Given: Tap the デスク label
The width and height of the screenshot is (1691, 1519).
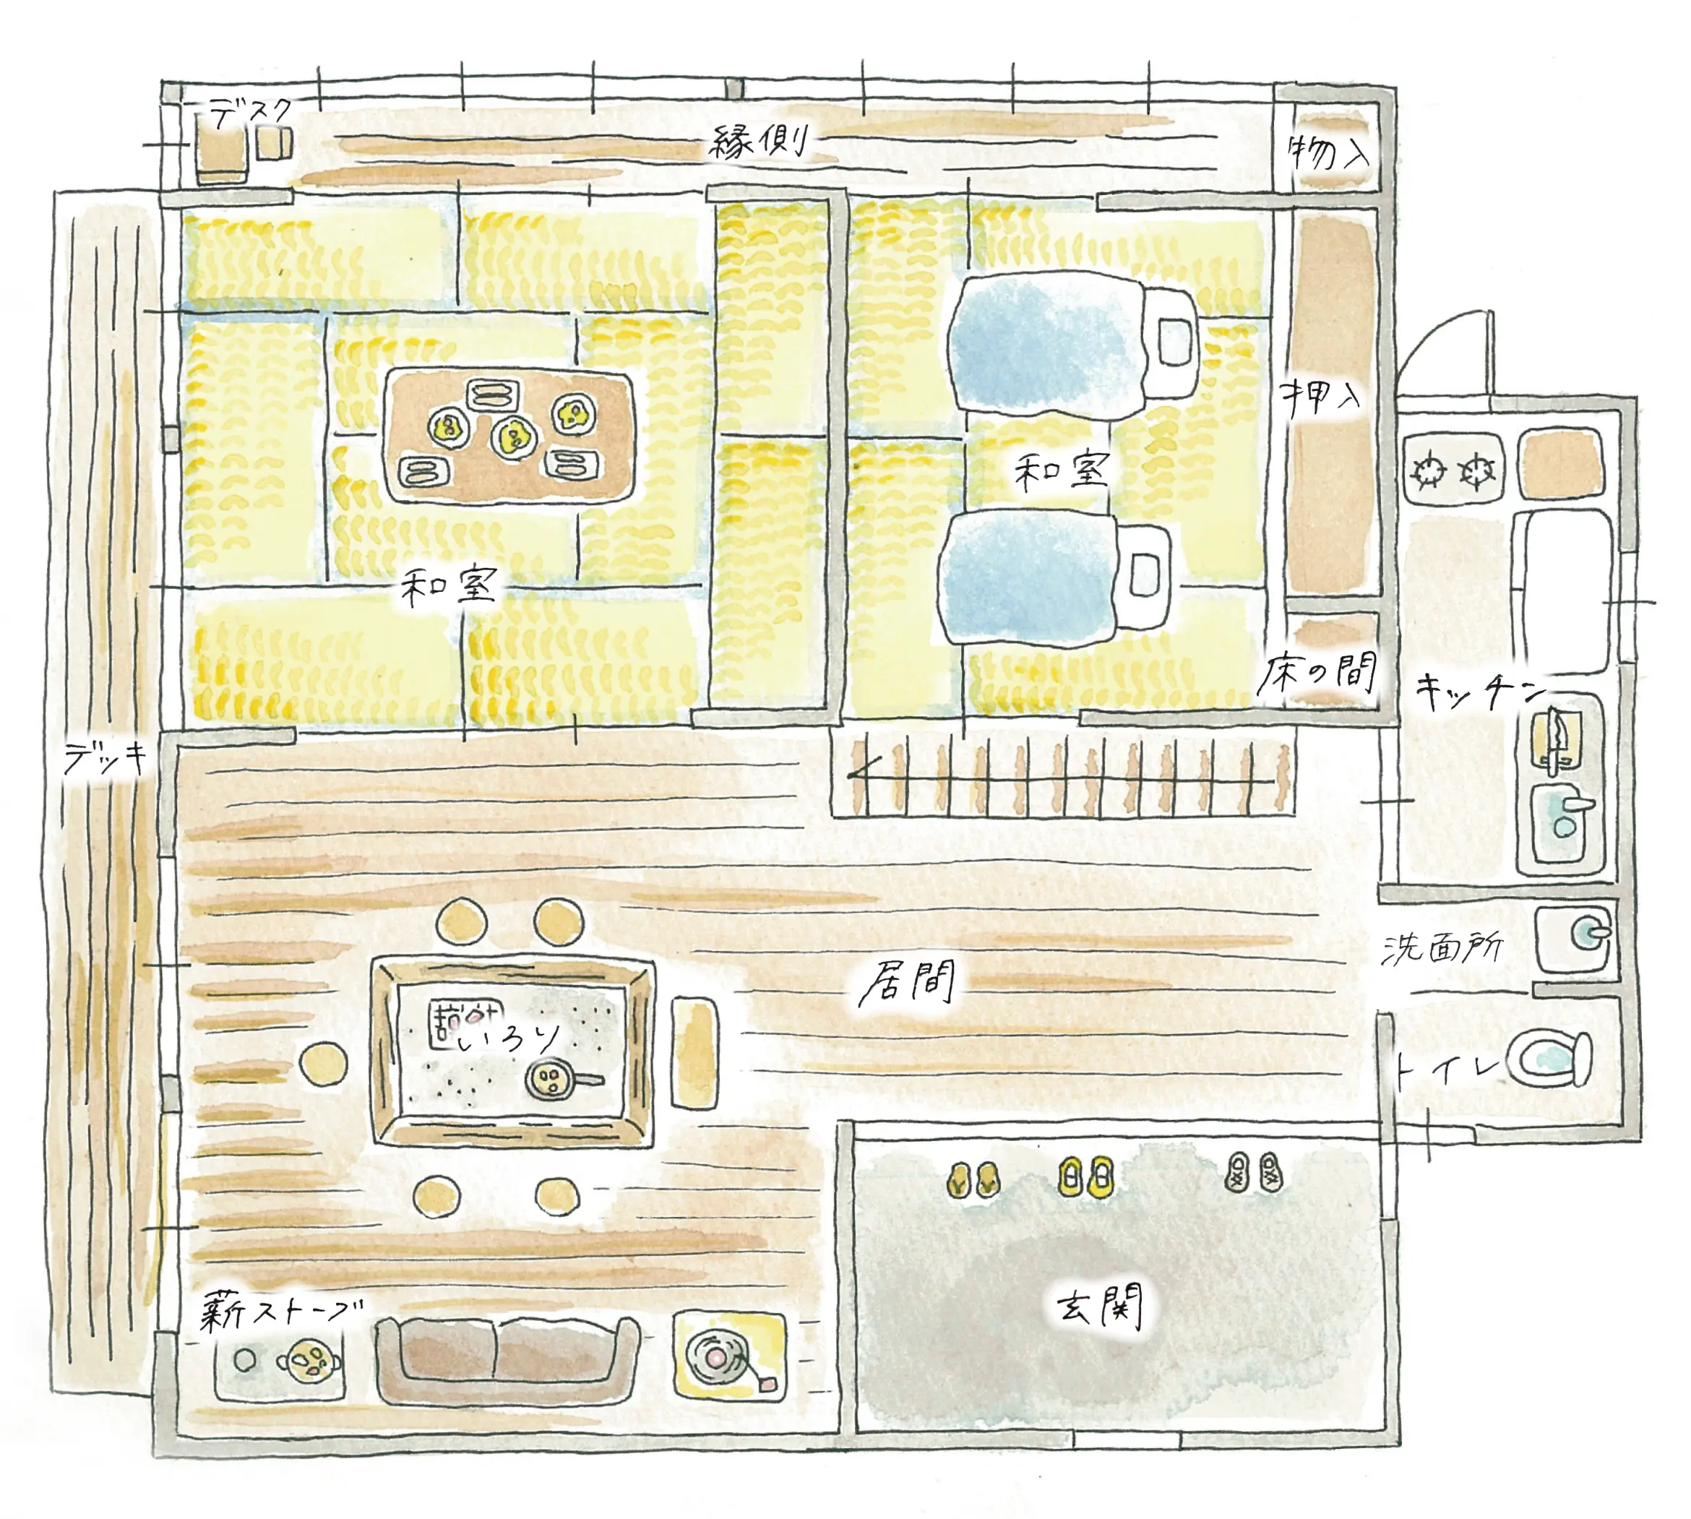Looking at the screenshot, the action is click(249, 113).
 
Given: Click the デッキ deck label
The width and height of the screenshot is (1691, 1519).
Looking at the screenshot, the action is click(106, 758).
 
